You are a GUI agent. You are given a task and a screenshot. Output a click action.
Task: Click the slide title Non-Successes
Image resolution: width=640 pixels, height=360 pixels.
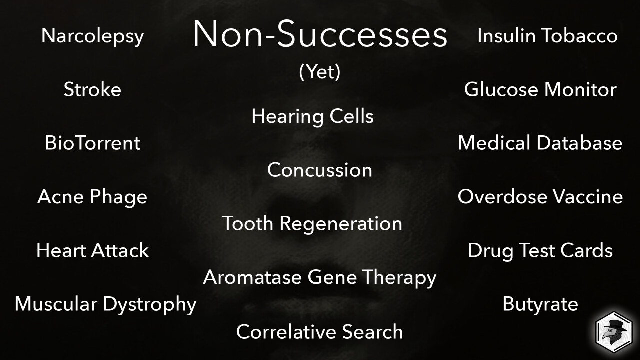(x=320, y=34)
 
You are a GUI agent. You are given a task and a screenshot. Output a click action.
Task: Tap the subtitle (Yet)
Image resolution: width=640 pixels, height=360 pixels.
(x=320, y=72)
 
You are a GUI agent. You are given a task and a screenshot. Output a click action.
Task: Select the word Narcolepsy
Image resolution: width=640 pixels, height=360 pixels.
(x=92, y=36)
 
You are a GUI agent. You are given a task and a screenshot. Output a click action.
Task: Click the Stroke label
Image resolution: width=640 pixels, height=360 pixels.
(x=92, y=89)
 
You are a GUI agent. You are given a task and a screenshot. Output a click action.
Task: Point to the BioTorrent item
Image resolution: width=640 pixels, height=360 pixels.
(x=93, y=143)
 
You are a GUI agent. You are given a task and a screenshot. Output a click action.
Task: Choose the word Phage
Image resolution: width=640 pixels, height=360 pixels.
(x=118, y=197)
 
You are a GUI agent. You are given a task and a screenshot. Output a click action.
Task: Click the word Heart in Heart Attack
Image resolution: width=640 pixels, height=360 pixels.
(x=61, y=250)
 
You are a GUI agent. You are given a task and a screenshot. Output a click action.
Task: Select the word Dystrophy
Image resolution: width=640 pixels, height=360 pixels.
(x=149, y=305)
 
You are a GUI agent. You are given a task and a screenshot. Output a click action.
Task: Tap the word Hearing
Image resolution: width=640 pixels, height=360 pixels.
(x=288, y=117)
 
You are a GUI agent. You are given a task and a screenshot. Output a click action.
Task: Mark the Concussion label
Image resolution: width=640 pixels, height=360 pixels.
(x=320, y=170)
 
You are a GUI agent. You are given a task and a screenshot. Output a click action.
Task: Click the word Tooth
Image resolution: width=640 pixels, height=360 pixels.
(x=248, y=223)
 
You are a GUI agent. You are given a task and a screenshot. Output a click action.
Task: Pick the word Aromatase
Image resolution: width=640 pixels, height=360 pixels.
(x=252, y=277)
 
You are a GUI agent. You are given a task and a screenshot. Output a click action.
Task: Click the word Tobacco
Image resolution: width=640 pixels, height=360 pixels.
(x=579, y=36)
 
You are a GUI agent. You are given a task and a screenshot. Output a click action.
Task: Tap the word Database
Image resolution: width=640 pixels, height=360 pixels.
(x=579, y=143)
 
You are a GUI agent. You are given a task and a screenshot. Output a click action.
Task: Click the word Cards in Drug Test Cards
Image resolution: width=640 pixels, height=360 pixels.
(x=586, y=250)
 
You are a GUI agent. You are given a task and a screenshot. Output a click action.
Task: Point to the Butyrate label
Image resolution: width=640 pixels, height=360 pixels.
(x=540, y=305)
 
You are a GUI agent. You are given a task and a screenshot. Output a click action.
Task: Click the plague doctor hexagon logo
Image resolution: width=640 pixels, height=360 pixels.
(x=614, y=332)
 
